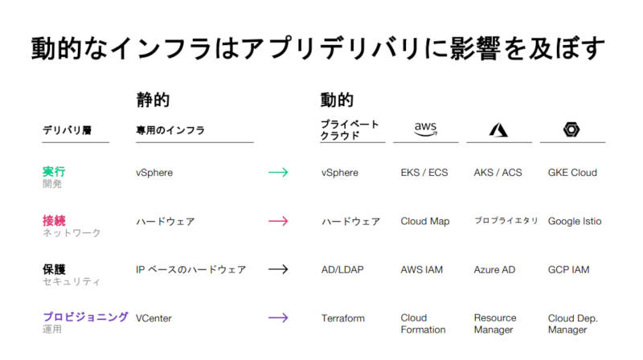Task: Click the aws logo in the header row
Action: (425, 129)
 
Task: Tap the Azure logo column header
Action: (498, 129)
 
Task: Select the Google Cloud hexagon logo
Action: (571, 129)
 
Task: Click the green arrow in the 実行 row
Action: (278, 172)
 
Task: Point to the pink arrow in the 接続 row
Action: (278, 221)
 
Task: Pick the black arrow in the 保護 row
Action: (278, 269)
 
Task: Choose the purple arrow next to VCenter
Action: (278, 317)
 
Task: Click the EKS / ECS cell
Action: (424, 173)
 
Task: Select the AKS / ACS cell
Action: (498, 173)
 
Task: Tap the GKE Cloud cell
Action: (572, 173)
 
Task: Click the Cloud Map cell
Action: (425, 222)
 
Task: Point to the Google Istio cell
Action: (575, 222)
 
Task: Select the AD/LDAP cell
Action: (342, 270)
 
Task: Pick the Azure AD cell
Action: (494, 270)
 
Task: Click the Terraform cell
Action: (343, 318)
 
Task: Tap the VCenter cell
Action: (154, 318)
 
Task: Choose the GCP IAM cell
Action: (568, 270)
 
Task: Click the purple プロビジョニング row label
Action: (85, 317)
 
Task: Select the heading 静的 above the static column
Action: (153, 100)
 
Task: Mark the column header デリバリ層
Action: (67, 130)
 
